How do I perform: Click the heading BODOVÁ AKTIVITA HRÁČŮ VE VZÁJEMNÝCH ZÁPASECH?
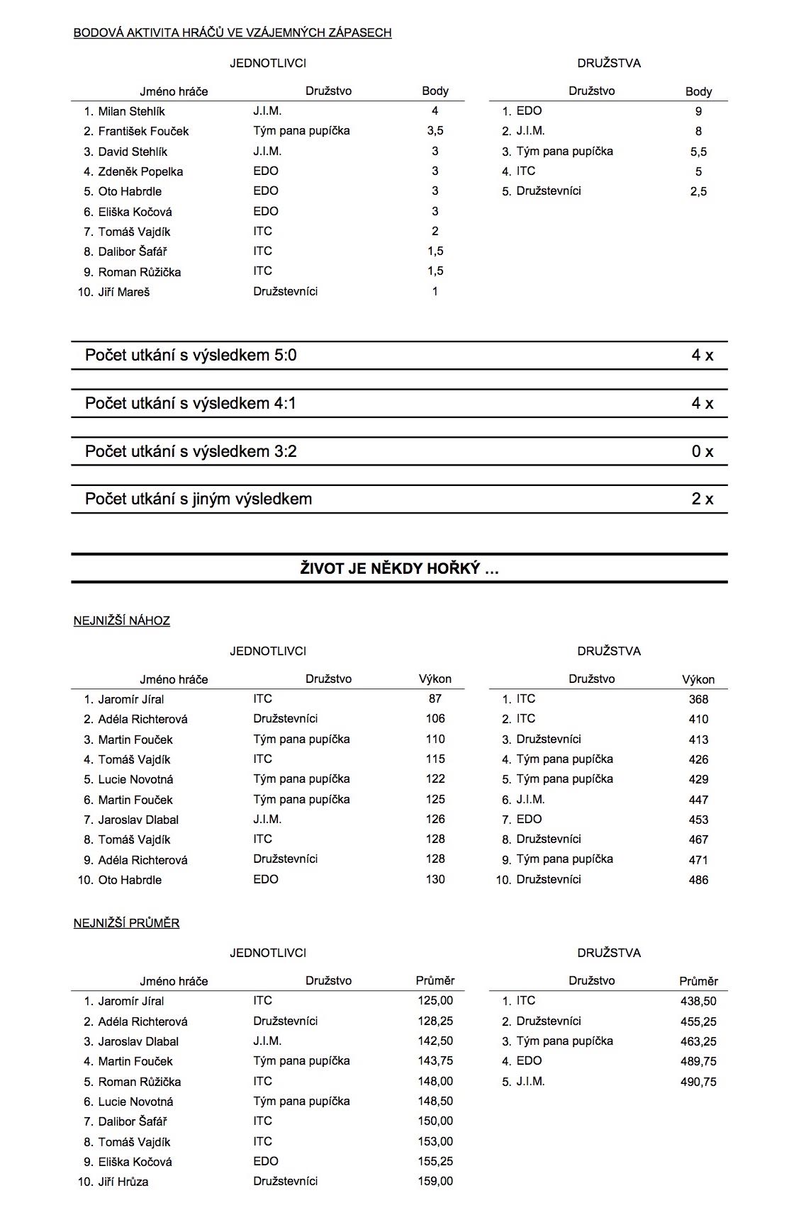pyautogui.click(x=233, y=33)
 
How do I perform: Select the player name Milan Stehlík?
pyautogui.click(x=131, y=111)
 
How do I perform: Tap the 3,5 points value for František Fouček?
pyautogui.click(x=435, y=131)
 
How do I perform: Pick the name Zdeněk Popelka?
pyautogui.click(x=140, y=171)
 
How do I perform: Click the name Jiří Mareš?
pyautogui.click(x=123, y=292)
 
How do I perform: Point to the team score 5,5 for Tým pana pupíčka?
pyautogui.click(x=698, y=152)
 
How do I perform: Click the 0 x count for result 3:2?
pyautogui.click(x=702, y=451)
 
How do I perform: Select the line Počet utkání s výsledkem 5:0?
pyautogui.click(x=191, y=355)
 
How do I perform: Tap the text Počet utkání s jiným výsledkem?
pyautogui.click(x=198, y=499)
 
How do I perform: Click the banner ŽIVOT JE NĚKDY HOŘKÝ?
pyautogui.click(x=399, y=568)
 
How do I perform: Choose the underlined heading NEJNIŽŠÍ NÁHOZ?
pyautogui.click(x=122, y=621)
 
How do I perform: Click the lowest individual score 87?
pyautogui.click(x=435, y=698)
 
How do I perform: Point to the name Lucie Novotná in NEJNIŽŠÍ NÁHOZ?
pyautogui.click(x=135, y=779)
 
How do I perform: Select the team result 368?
pyautogui.click(x=698, y=699)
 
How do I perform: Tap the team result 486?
pyautogui.click(x=698, y=880)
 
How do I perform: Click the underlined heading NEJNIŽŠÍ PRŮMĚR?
pyautogui.click(x=126, y=923)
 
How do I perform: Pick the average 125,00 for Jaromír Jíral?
pyautogui.click(x=435, y=1001)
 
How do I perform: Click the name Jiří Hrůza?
pyautogui.click(x=123, y=1182)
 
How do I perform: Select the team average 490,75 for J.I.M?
pyautogui.click(x=698, y=1082)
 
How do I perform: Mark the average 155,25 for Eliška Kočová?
pyautogui.click(x=435, y=1162)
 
